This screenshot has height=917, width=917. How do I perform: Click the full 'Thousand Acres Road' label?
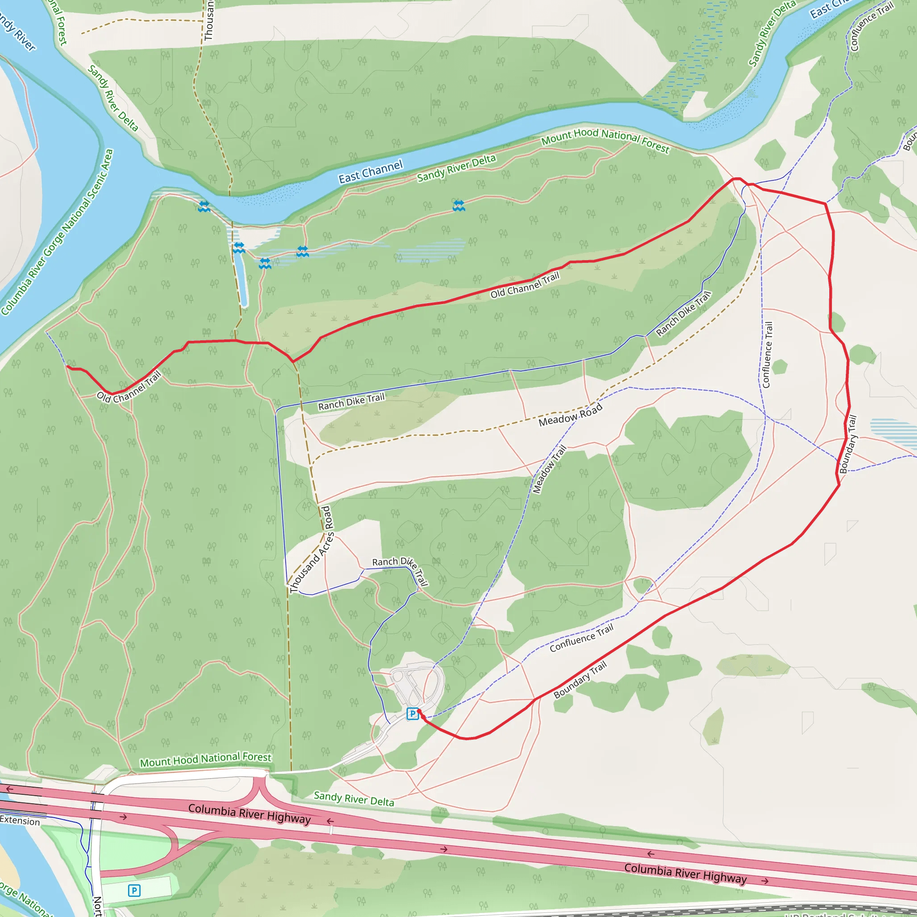point(311,550)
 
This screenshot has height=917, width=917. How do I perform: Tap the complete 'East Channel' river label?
point(370,172)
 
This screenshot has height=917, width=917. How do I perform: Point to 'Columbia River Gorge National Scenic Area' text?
point(57,232)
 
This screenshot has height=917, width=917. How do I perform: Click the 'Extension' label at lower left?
point(20,821)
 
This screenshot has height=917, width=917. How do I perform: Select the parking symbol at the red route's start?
point(412,713)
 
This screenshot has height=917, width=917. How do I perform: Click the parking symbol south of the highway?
point(134,891)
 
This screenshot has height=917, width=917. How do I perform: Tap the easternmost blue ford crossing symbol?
point(458,206)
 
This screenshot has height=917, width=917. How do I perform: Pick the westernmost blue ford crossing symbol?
point(204,206)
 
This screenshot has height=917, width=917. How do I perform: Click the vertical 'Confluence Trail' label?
point(767,355)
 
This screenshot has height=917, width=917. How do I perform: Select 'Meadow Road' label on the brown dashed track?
point(570,415)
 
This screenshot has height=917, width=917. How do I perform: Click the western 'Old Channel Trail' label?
point(129,387)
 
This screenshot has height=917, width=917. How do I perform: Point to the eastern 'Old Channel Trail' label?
point(525,285)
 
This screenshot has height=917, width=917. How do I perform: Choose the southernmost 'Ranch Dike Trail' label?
point(400,570)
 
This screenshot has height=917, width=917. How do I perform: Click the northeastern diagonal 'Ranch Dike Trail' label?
point(683,314)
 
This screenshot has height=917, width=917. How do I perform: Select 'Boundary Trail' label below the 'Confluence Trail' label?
point(580,680)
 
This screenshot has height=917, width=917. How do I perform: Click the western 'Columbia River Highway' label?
point(249,814)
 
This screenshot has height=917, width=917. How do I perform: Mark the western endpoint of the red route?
point(68,367)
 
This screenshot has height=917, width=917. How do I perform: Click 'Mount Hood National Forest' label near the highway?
point(206,759)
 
